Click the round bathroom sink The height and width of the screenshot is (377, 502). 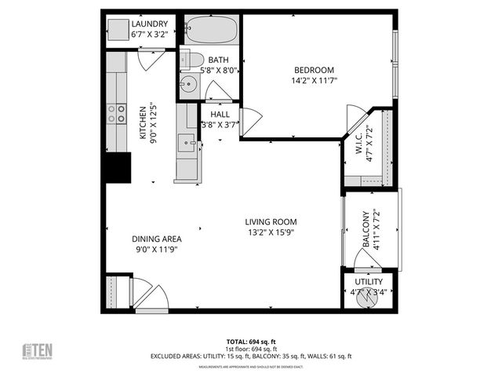tap(187, 86)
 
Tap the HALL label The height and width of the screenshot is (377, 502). tap(220, 115)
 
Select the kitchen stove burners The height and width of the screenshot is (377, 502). tap(116, 114)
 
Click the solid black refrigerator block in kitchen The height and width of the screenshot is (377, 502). tap(118, 167)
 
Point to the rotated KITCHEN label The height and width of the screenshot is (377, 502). tap(144, 123)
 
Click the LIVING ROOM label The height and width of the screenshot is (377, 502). tap(271, 221)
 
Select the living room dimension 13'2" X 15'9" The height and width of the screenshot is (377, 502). tap(271, 232)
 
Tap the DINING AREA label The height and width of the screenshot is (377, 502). tap(158, 239)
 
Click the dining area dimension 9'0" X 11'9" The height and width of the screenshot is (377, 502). tap(158, 250)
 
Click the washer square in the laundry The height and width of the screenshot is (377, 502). tap(118, 31)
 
